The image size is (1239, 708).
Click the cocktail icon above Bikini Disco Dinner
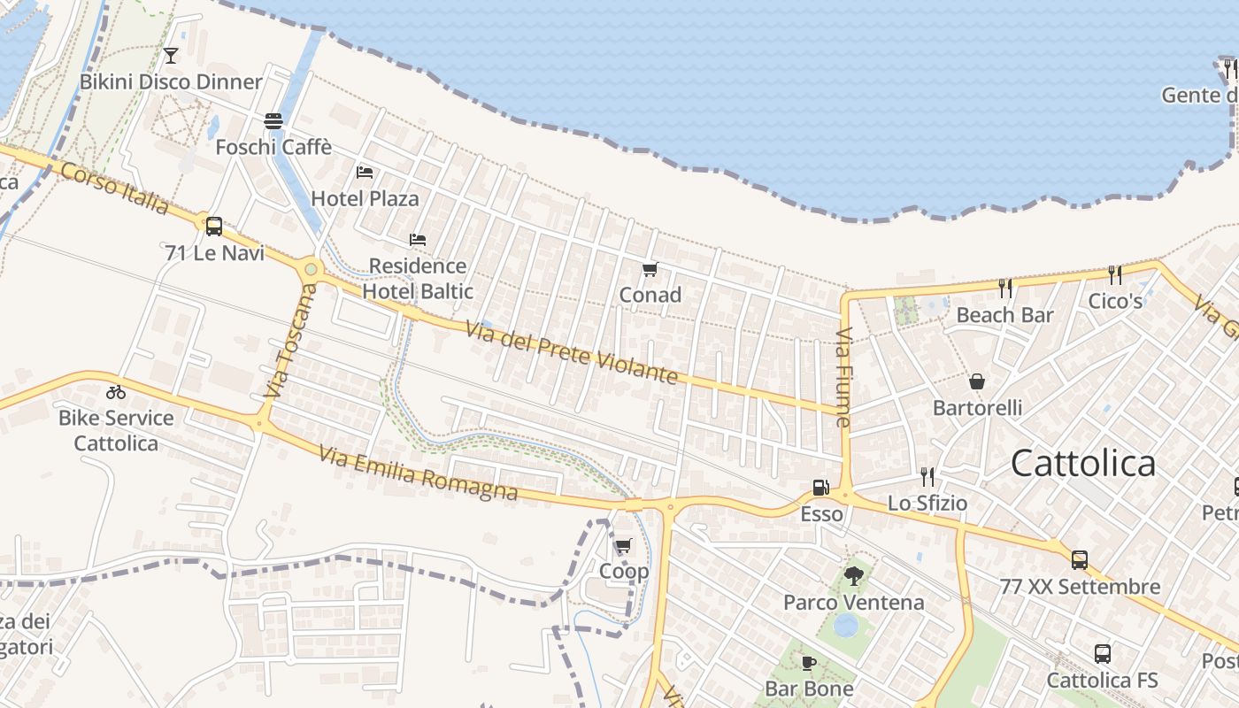(x=171, y=56)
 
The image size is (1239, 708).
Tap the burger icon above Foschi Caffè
(x=273, y=121)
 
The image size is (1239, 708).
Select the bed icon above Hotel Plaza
(x=365, y=173)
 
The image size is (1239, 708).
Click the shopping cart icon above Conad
(x=650, y=269)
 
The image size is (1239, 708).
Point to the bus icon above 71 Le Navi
(x=214, y=227)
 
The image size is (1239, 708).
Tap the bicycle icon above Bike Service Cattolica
(x=116, y=392)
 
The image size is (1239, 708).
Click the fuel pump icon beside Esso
(x=821, y=488)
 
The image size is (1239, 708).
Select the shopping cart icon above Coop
(x=624, y=545)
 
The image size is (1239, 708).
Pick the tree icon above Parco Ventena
(x=853, y=576)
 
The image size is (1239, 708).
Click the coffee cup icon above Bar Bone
(x=809, y=663)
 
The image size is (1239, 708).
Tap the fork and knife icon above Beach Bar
(x=1004, y=289)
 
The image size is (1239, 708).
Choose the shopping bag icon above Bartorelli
(x=977, y=381)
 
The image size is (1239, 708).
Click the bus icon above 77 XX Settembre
(x=1080, y=560)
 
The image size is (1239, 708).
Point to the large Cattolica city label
(x=1083, y=464)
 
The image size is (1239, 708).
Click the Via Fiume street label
(x=843, y=378)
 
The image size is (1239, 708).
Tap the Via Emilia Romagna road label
(x=418, y=473)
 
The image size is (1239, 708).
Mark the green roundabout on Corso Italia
(x=311, y=268)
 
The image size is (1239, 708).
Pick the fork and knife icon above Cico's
(x=1115, y=275)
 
